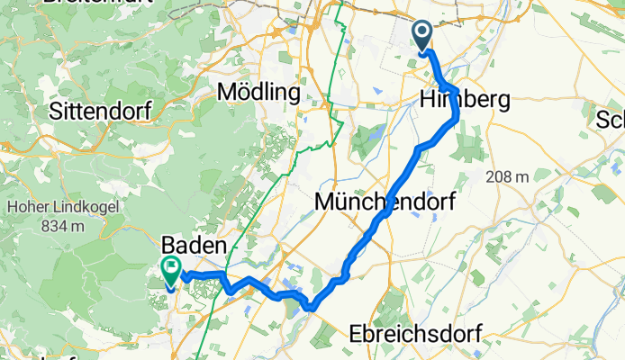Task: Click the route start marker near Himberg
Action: pos(422,35)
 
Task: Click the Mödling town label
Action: pos(260,92)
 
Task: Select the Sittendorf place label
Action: pos(104,112)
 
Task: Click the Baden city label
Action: pos(195,244)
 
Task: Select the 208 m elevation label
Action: pos(505,177)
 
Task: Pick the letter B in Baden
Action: pos(168,244)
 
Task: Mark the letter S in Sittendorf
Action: pos(57,112)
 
